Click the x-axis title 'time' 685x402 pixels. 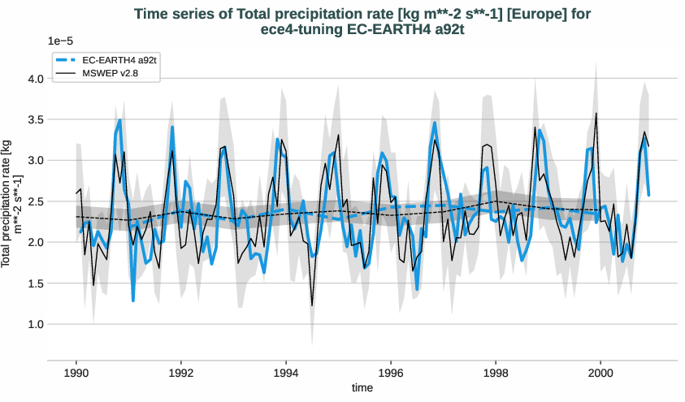(x=362, y=388)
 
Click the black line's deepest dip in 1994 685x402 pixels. (x=312, y=305)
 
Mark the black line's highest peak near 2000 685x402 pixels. (x=596, y=114)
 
